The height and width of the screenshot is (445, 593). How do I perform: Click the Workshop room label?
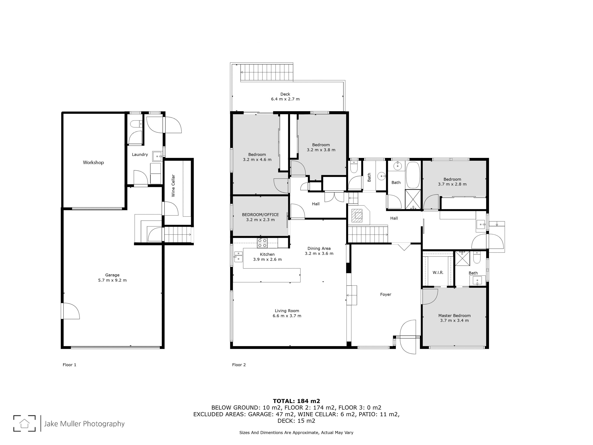[93, 163]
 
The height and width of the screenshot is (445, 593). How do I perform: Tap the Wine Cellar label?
[173, 186]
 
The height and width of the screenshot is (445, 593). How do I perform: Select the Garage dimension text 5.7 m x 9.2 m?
[112, 280]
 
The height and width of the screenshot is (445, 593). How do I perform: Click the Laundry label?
[140, 155]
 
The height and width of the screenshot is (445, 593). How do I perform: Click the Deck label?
[285, 94]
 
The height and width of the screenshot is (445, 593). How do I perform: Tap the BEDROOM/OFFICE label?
[260, 215]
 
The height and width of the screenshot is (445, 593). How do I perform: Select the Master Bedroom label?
[454, 316]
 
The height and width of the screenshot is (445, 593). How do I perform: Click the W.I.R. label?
[438, 272]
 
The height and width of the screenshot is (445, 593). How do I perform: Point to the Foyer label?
[386, 295]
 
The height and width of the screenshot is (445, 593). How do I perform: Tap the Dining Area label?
[319, 249]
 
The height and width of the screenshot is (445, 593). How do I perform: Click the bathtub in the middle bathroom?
[413, 175]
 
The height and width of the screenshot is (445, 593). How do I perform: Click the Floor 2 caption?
[239, 365]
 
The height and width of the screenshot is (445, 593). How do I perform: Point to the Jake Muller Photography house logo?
[24, 423]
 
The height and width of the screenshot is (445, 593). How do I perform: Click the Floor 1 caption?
[69, 365]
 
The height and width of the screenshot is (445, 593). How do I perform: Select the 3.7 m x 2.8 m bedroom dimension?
[452, 184]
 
